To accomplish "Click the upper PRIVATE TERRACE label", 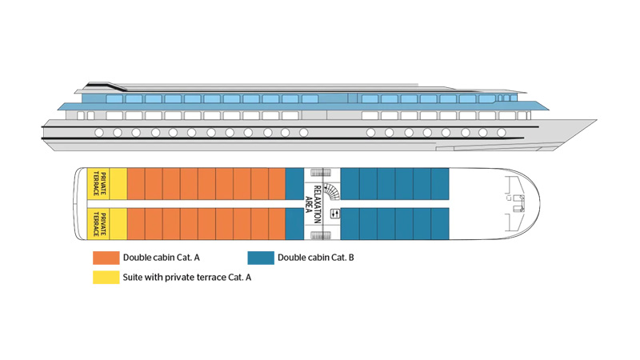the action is [99, 183].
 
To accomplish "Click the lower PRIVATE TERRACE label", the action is [99, 224].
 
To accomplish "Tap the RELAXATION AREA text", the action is [313, 204].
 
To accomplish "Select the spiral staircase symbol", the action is [331, 191].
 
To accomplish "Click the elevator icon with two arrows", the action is [334, 214].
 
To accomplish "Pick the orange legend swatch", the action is [106, 258].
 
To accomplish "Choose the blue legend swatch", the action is [261, 258].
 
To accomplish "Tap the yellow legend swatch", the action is [106, 277].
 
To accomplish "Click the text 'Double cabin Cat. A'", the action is [162, 258].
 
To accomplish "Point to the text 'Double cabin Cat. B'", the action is [316, 258].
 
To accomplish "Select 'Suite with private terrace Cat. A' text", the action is [187, 278].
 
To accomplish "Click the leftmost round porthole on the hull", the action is [99, 132].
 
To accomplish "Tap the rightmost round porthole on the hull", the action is [502, 132].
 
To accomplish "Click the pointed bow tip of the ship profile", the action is [596, 120].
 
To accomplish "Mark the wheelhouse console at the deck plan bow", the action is [518, 203].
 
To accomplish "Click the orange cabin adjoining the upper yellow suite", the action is [136, 184].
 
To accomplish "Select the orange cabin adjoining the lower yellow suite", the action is [136, 224].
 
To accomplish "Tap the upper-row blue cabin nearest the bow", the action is [440, 184].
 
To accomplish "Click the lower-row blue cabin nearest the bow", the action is [440, 224].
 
